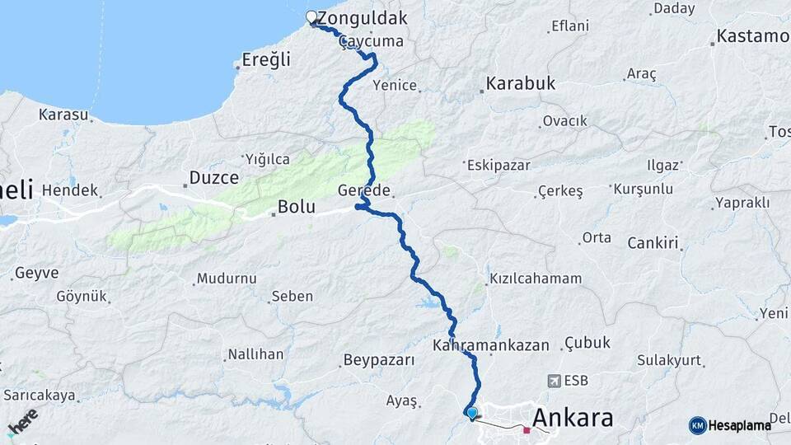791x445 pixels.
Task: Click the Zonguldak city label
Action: pyautogui.click(x=362, y=18)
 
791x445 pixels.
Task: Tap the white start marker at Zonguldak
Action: pyautogui.click(x=312, y=17)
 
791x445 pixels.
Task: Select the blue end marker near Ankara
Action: pyautogui.click(x=471, y=413)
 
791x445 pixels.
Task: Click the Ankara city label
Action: pyautogui.click(x=573, y=418)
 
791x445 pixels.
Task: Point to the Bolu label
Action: pyautogui.click(x=296, y=207)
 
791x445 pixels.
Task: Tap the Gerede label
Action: pyautogui.click(x=363, y=190)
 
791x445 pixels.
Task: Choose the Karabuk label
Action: pyautogui.click(x=520, y=83)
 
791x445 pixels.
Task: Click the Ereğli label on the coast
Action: pyautogui.click(x=266, y=59)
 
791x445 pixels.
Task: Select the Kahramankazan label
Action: pyautogui.click(x=490, y=345)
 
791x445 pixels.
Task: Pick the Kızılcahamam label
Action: pyautogui.click(x=536, y=279)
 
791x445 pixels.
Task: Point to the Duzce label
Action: pyautogui.click(x=214, y=177)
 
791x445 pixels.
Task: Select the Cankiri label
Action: pyautogui.click(x=652, y=242)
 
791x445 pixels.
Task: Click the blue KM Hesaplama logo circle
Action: pyautogui.click(x=698, y=425)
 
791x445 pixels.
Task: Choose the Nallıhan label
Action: pyautogui.click(x=255, y=354)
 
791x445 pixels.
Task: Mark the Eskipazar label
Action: pyautogui.click(x=498, y=165)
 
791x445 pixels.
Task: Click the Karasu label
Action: pyautogui.click(x=63, y=115)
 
